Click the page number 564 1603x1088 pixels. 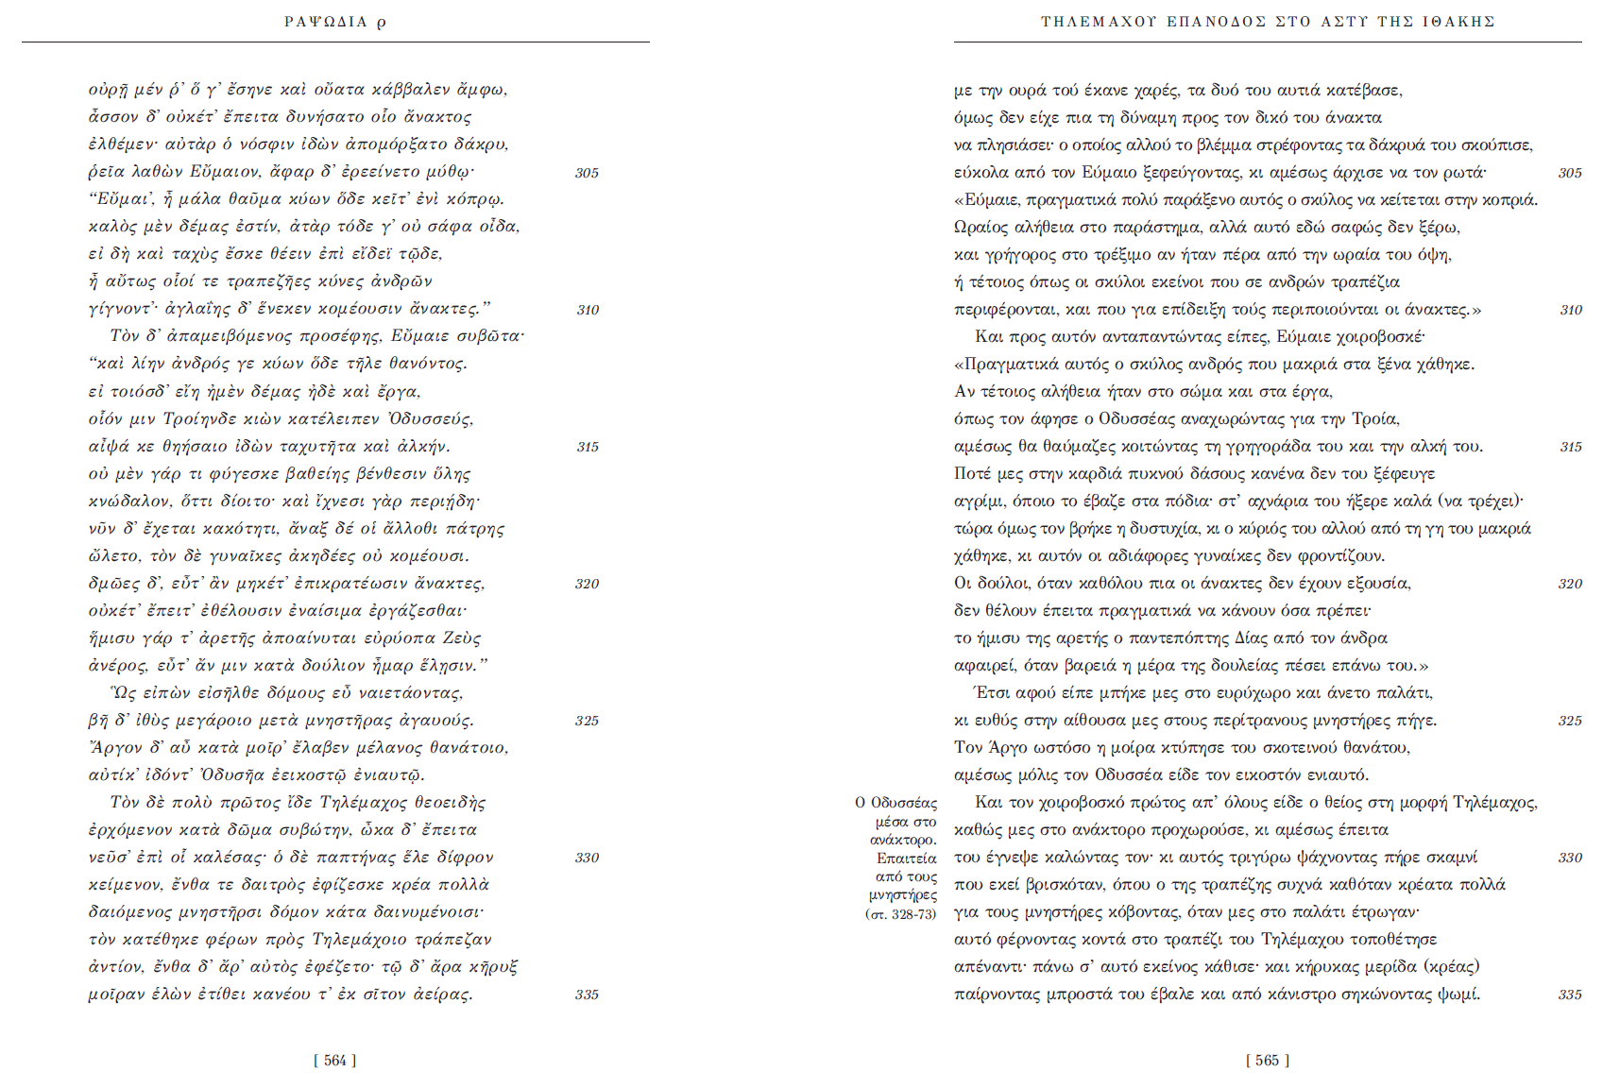tap(334, 1061)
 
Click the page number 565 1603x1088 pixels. tap(1267, 1061)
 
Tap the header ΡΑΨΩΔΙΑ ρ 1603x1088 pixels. tap(334, 22)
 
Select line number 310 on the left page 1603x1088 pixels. tap(588, 310)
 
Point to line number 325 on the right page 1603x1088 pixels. tap(1570, 721)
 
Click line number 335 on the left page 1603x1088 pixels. tap(587, 994)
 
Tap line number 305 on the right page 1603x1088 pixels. tap(1570, 173)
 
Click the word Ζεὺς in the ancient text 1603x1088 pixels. tap(463, 638)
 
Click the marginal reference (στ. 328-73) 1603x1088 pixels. tap(901, 914)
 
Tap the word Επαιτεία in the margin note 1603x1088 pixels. tap(907, 858)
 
